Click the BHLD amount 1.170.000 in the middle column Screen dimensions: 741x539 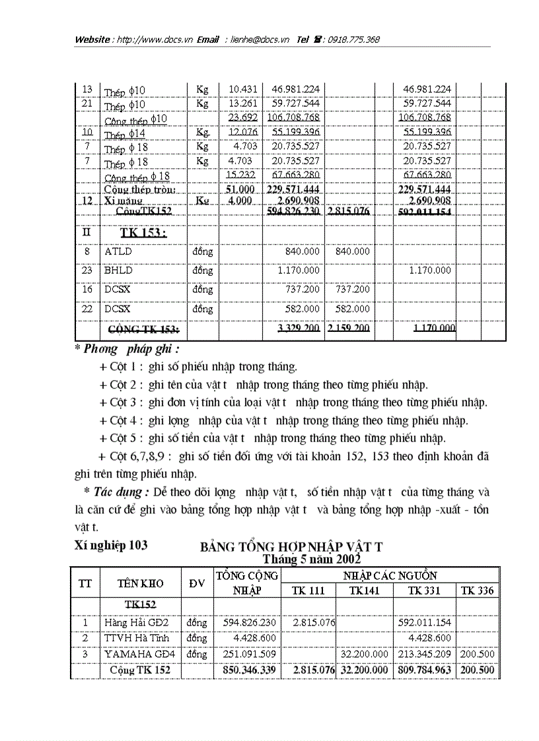pyautogui.click(x=298, y=270)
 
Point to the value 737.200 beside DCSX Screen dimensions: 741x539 pyautogui.click(x=298, y=289)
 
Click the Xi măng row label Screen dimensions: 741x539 pyautogui.click(x=123, y=200)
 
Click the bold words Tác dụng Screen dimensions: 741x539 pyautogui.click(x=122, y=492)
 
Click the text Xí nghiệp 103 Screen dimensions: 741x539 pyautogui.click(x=110, y=545)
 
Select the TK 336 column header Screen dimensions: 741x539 pyautogui.click(x=476, y=591)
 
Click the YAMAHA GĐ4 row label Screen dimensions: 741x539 pyautogui.click(x=137, y=654)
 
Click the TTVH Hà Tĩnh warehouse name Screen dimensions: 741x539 pyautogui.click(x=136, y=638)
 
